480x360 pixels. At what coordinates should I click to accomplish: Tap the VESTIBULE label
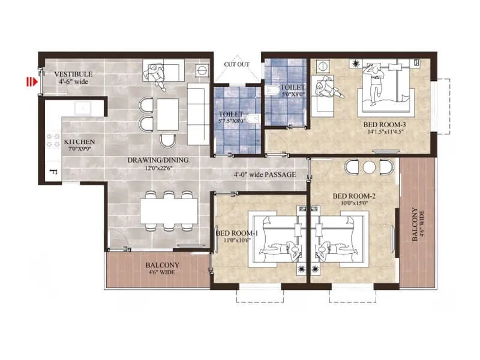73,74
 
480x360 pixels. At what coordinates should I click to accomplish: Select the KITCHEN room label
79,142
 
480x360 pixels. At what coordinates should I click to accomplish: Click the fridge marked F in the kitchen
53,175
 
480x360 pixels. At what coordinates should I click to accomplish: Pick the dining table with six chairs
169,210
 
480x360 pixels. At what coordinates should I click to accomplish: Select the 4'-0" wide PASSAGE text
265,175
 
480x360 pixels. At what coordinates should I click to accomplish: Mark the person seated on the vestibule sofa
154,74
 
